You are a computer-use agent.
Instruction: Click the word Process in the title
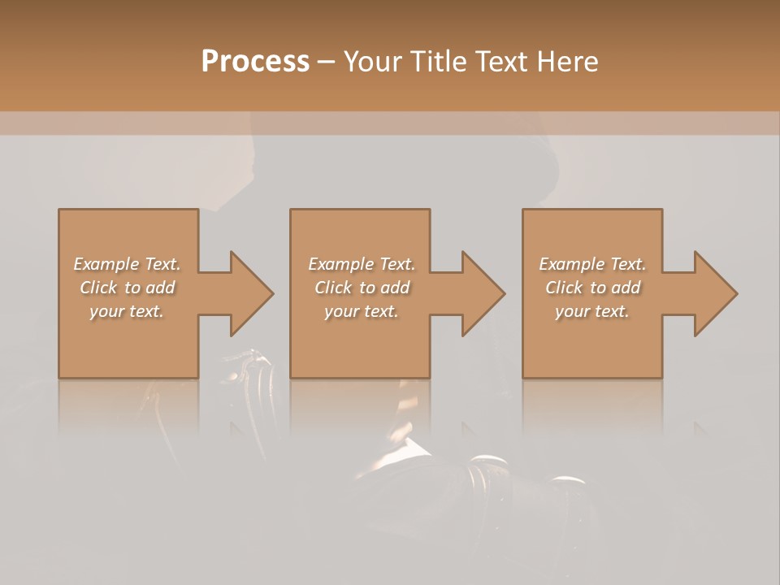click(x=255, y=62)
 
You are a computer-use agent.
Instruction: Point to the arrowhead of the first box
click(x=249, y=293)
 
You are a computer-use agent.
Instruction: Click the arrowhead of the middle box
click(x=481, y=293)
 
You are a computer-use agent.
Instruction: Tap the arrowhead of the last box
click(x=713, y=293)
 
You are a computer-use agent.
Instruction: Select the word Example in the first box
click(x=107, y=264)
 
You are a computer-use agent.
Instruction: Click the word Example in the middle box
click(x=341, y=264)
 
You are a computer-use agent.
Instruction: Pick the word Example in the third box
click(x=572, y=264)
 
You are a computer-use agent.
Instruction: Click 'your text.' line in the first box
click(x=127, y=311)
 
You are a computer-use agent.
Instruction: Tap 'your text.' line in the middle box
click(x=361, y=311)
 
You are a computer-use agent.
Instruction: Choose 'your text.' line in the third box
click(x=592, y=311)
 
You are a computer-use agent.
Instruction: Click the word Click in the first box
click(x=98, y=288)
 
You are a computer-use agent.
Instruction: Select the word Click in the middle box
click(x=333, y=288)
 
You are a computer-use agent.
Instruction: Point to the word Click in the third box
click(x=564, y=288)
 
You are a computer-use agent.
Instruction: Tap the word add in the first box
click(x=160, y=288)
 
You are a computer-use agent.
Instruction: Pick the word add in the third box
click(x=626, y=288)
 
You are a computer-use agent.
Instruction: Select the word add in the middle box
click(x=395, y=288)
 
